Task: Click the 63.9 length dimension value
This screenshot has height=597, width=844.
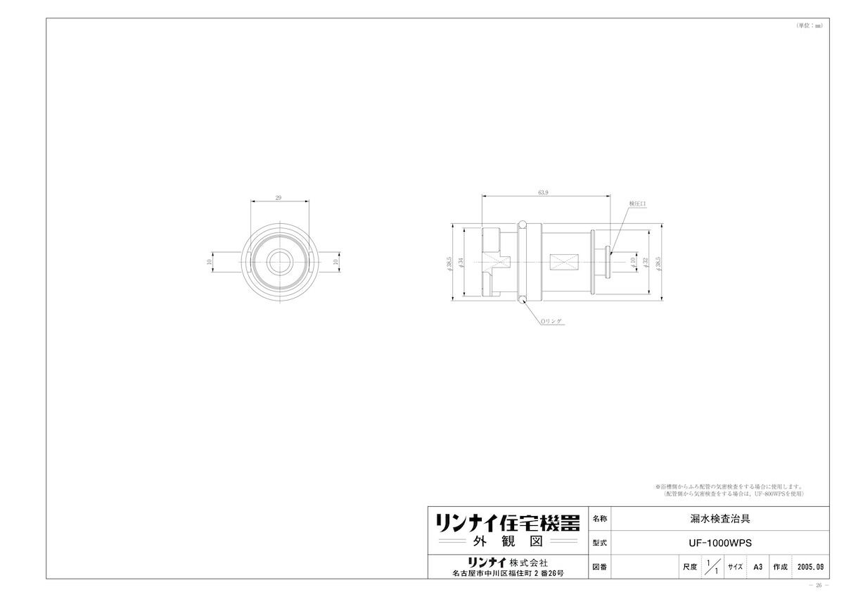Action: point(543,191)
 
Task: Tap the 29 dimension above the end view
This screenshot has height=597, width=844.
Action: point(279,198)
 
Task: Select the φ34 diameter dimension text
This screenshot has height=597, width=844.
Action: point(461,261)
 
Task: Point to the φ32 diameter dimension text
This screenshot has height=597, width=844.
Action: point(646,261)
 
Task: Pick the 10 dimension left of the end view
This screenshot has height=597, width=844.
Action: point(209,261)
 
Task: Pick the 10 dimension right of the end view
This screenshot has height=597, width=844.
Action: point(335,261)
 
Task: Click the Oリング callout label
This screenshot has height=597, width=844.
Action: point(551,321)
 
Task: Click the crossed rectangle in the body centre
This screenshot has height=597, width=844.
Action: point(564,261)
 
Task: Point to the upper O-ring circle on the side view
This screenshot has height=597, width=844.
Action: point(522,225)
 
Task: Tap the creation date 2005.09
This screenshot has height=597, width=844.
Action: point(812,566)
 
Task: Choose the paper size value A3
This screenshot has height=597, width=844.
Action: point(757,566)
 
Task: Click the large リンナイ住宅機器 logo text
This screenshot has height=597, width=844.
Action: point(506,522)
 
